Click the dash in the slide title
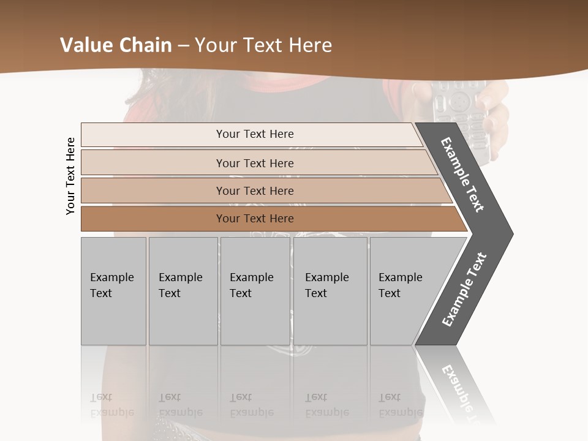point(184,46)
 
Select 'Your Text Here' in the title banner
point(263,45)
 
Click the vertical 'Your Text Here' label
point(70,176)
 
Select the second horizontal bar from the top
point(255,163)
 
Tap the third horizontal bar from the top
point(255,190)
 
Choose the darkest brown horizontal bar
point(255,219)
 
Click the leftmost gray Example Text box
point(113,291)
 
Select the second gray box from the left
point(183,291)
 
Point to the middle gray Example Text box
point(255,291)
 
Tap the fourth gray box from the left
point(330,291)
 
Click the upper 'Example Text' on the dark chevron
point(463,175)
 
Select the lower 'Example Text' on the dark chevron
point(464,290)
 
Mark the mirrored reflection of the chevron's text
point(464,392)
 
